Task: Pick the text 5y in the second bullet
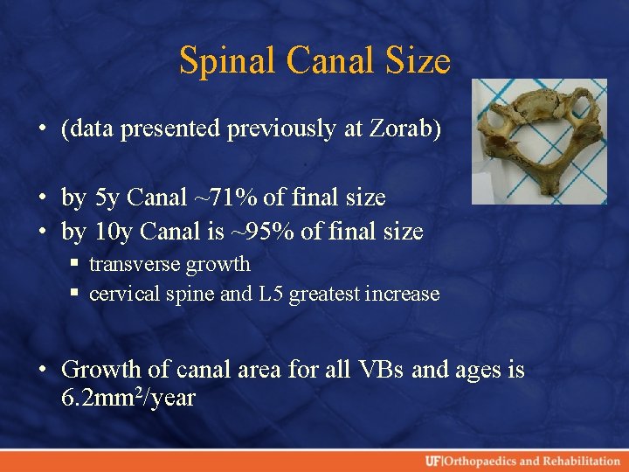pos(106,198)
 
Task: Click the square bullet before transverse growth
pos(78,264)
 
